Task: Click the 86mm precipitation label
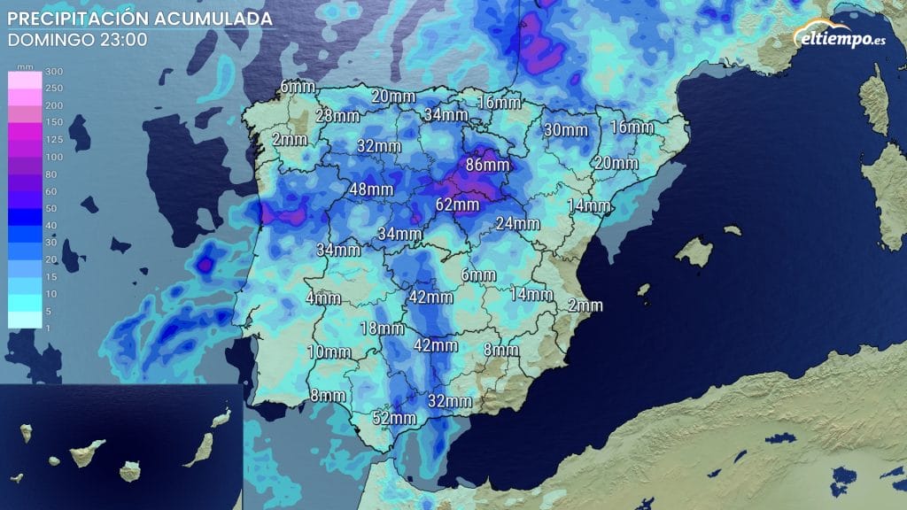point(487,165)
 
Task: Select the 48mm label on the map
point(371,189)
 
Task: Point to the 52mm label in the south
point(394,418)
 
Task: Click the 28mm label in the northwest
point(337,116)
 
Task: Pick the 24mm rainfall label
point(517,223)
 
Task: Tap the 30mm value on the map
point(565,130)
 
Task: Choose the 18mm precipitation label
point(382,329)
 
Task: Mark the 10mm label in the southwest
point(328,352)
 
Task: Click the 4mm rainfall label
point(323,298)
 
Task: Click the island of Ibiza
point(644,289)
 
